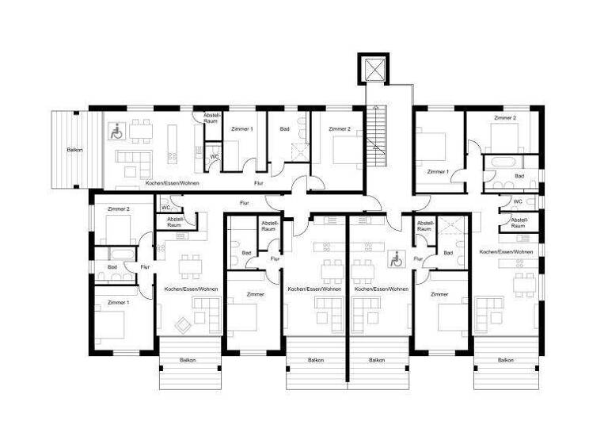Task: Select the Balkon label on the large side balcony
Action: point(75,149)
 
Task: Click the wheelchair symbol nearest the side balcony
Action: point(114,131)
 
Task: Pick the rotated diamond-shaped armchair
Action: point(184,323)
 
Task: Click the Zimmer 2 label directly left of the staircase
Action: point(339,128)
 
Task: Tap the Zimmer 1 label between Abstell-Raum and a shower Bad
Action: point(241,128)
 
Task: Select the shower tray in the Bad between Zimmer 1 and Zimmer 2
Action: point(298,148)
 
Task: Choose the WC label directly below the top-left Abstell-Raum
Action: point(214,157)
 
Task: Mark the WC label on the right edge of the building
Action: point(519,201)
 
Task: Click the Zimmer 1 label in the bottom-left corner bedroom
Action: point(117,302)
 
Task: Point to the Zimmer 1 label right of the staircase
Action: point(437,171)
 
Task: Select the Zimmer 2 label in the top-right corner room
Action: point(504,117)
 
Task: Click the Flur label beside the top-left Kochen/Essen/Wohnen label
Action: point(258,183)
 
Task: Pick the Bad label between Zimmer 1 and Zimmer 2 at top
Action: point(284,128)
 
